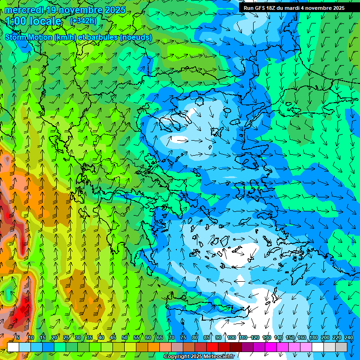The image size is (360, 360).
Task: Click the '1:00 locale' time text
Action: (x=33, y=21)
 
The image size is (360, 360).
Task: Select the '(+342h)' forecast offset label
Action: (x=84, y=21)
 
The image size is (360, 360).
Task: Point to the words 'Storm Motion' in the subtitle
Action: (x=28, y=37)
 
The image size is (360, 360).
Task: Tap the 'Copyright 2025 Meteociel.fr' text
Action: (x=199, y=357)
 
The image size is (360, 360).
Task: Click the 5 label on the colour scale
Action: (x=18, y=337)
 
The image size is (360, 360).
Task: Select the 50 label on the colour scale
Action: (x=125, y=337)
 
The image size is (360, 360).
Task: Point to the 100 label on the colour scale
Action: (x=231, y=337)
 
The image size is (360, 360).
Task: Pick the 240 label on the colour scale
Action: (x=348, y=337)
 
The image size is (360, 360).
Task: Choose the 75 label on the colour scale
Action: (x=183, y=337)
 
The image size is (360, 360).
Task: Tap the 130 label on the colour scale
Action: (x=267, y=337)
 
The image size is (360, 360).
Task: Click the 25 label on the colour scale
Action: (x=66, y=337)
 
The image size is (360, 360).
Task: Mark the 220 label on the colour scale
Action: (x=337, y=337)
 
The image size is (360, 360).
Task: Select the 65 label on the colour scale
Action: (x=160, y=337)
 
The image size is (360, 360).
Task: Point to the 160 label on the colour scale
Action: (x=302, y=337)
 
